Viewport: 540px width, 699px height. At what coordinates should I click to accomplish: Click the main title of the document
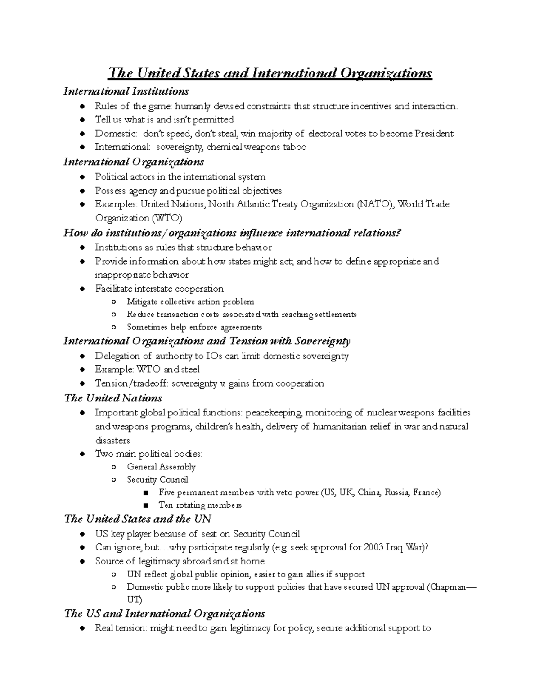click(x=270, y=73)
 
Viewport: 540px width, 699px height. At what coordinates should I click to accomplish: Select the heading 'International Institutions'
click(x=126, y=91)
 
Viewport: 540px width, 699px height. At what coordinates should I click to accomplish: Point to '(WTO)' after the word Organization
click(x=167, y=218)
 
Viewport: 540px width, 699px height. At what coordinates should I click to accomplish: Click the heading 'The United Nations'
click(x=113, y=398)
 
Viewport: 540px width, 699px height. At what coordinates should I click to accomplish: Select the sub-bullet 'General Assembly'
click(x=161, y=467)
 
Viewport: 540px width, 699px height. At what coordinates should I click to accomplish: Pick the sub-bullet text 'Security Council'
click(x=157, y=480)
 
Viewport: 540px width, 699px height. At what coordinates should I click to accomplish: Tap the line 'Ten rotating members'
click(x=200, y=505)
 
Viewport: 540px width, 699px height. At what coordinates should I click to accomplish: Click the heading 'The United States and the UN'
click(x=138, y=519)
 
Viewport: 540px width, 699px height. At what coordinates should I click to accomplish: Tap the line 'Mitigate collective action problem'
click(x=190, y=302)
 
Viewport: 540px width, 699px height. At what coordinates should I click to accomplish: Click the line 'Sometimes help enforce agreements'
click(x=194, y=327)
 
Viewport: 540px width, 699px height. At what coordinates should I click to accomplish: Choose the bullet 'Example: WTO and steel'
click(x=147, y=370)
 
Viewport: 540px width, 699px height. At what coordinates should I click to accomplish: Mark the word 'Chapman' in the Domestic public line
click(x=448, y=587)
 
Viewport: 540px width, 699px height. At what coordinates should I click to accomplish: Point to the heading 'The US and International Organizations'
click(x=164, y=613)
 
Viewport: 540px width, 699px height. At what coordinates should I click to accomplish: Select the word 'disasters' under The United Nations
click(x=112, y=441)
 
